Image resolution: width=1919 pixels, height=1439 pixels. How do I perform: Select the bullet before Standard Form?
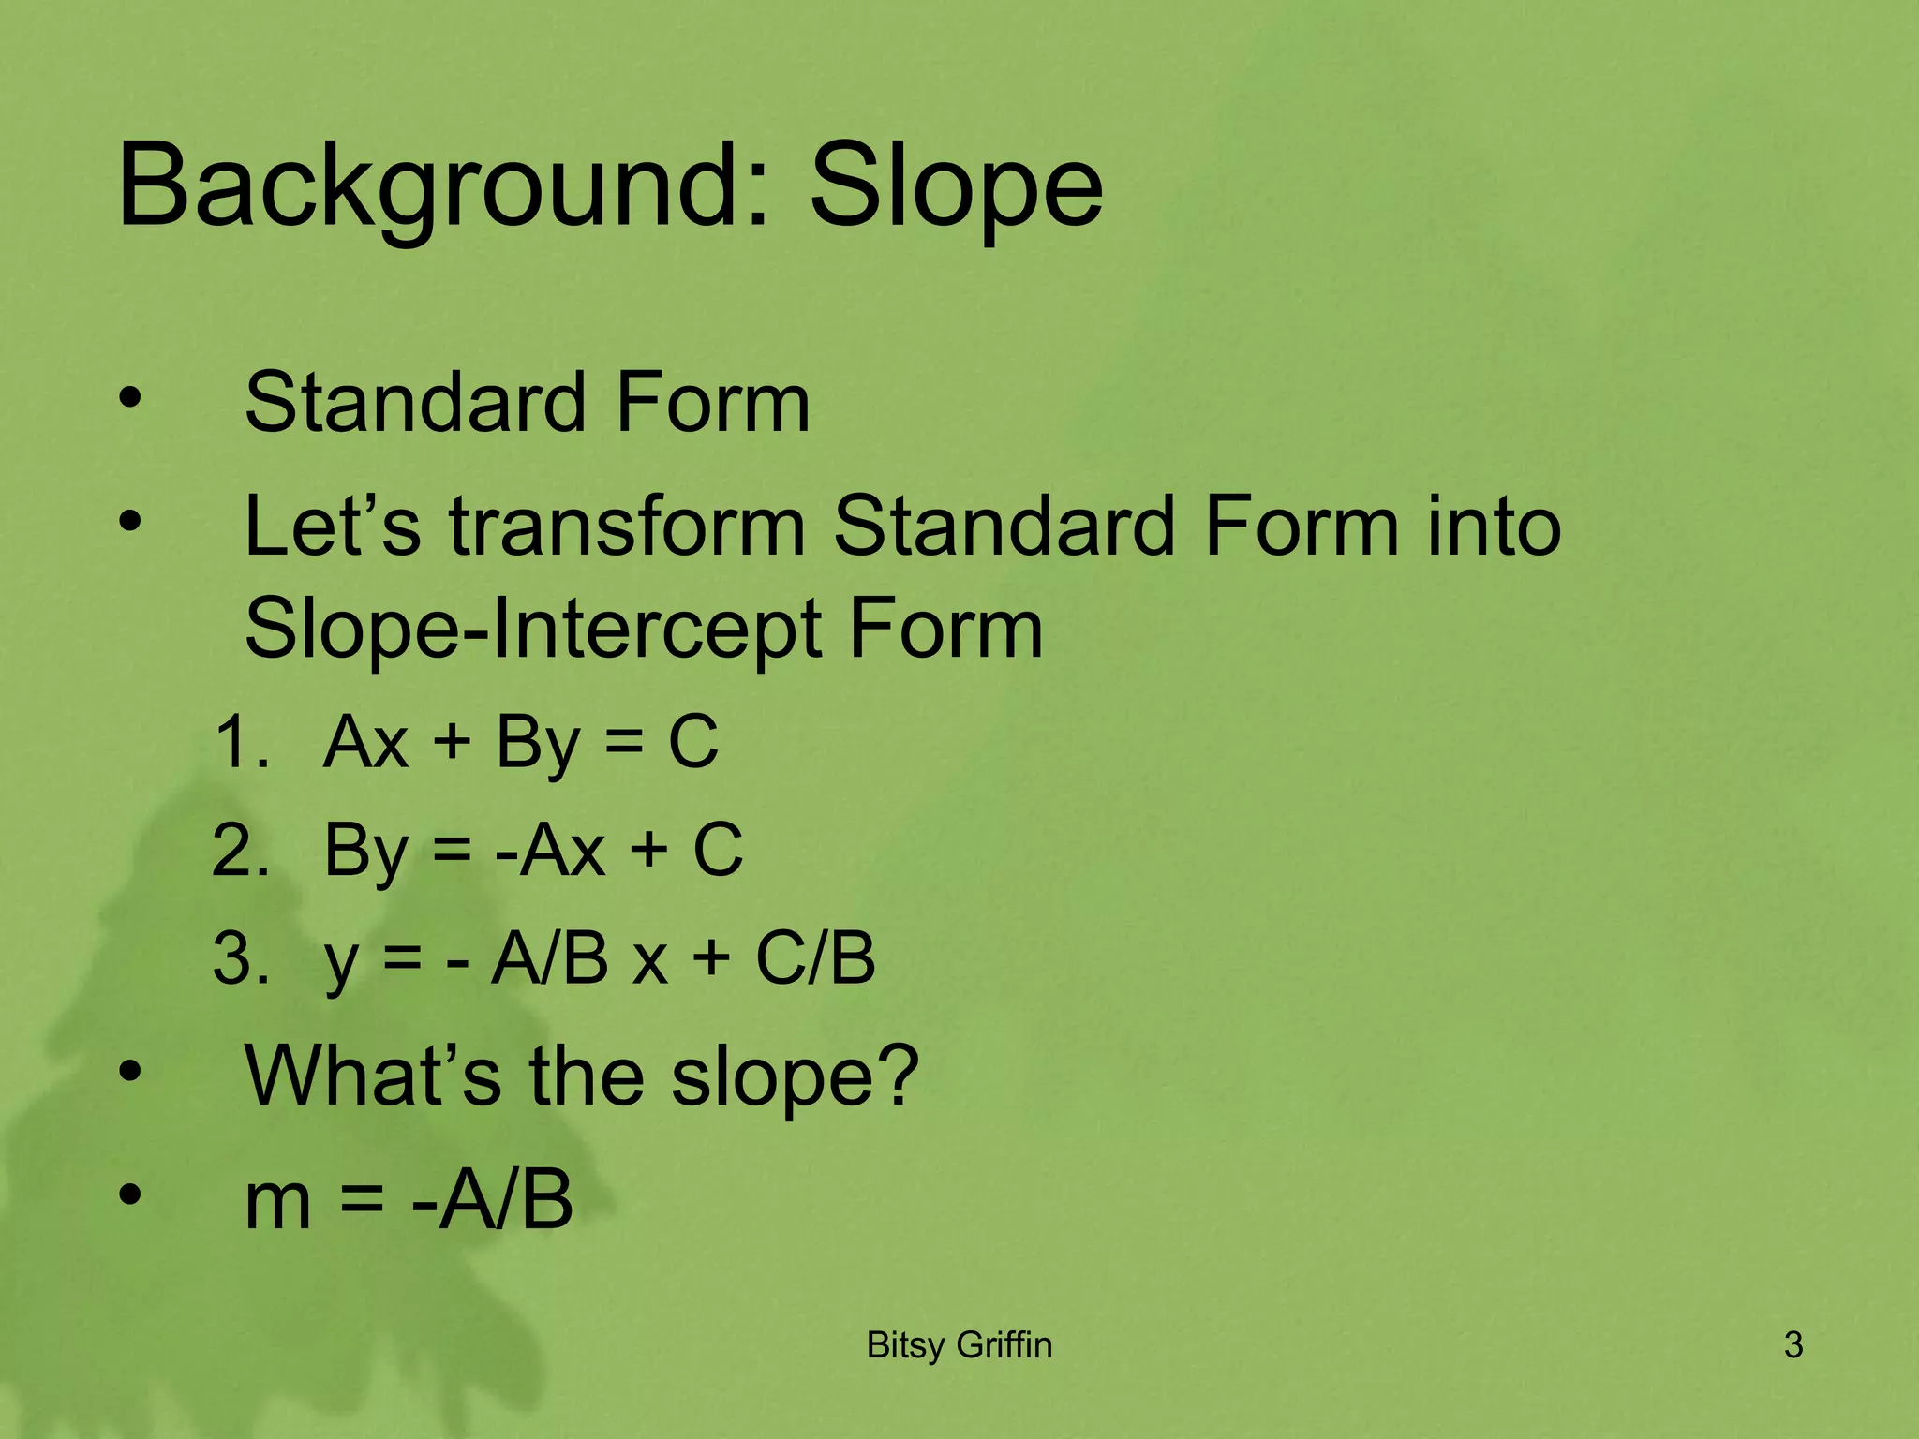coord(130,397)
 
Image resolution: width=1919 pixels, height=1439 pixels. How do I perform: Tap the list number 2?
coord(240,851)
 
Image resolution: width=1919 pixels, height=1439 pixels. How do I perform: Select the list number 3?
coord(240,958)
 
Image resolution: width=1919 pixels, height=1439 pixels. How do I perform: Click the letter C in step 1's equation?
coord(692,742)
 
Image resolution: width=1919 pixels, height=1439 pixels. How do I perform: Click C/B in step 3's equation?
coord(815,958)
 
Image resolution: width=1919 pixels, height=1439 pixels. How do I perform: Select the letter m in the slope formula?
coord(277,1202)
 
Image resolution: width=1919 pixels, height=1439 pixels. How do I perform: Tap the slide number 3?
coord(1793,1345)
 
